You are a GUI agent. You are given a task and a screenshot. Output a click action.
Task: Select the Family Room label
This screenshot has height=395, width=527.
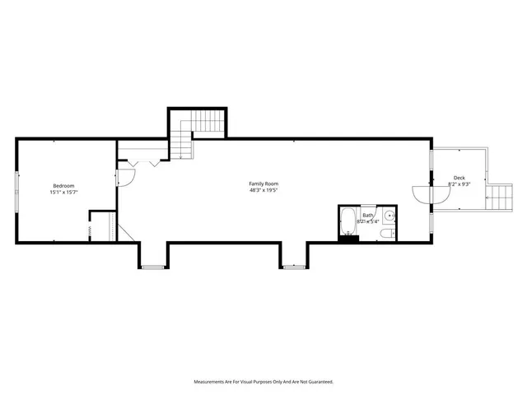tap(264, 183)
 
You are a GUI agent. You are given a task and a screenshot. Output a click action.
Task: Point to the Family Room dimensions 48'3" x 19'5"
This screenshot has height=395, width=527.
tap(264, 190)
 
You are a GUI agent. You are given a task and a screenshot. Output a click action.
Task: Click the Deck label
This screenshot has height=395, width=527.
tap(459, 178)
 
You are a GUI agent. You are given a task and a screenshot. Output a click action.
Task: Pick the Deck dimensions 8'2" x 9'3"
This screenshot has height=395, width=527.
tap(459, 184)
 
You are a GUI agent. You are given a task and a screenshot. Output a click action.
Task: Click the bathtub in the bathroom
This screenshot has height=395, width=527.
tap(347, 223)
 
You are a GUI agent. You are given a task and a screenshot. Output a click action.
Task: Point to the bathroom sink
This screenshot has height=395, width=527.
tap(390, 217)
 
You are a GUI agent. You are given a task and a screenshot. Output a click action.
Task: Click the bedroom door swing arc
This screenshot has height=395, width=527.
tap(126, 176)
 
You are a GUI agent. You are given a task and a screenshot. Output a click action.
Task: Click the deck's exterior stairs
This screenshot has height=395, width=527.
tap(499, 197)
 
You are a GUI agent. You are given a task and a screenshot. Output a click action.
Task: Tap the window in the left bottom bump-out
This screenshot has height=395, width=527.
tap(152, 267)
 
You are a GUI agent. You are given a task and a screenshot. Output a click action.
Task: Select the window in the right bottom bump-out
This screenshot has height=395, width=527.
tap(293, 267)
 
